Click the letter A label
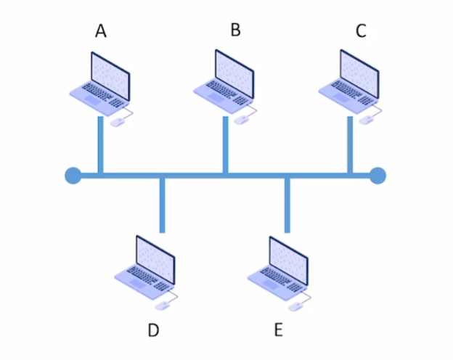pos(101,30)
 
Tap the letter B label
pos(235,30)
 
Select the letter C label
pos(361,30)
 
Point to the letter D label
pos(153,331)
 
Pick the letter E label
pos(278,330)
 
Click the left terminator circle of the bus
pos(73,176)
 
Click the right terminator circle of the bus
pos(377,176)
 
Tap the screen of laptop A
pos(110,75)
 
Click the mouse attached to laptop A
pos(116,123)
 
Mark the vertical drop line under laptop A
pos(100,145)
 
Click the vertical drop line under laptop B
pos(225,145)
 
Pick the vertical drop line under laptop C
pos(350,145)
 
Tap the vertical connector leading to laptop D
pos(163,205)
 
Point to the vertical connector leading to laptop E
pos(287,205)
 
